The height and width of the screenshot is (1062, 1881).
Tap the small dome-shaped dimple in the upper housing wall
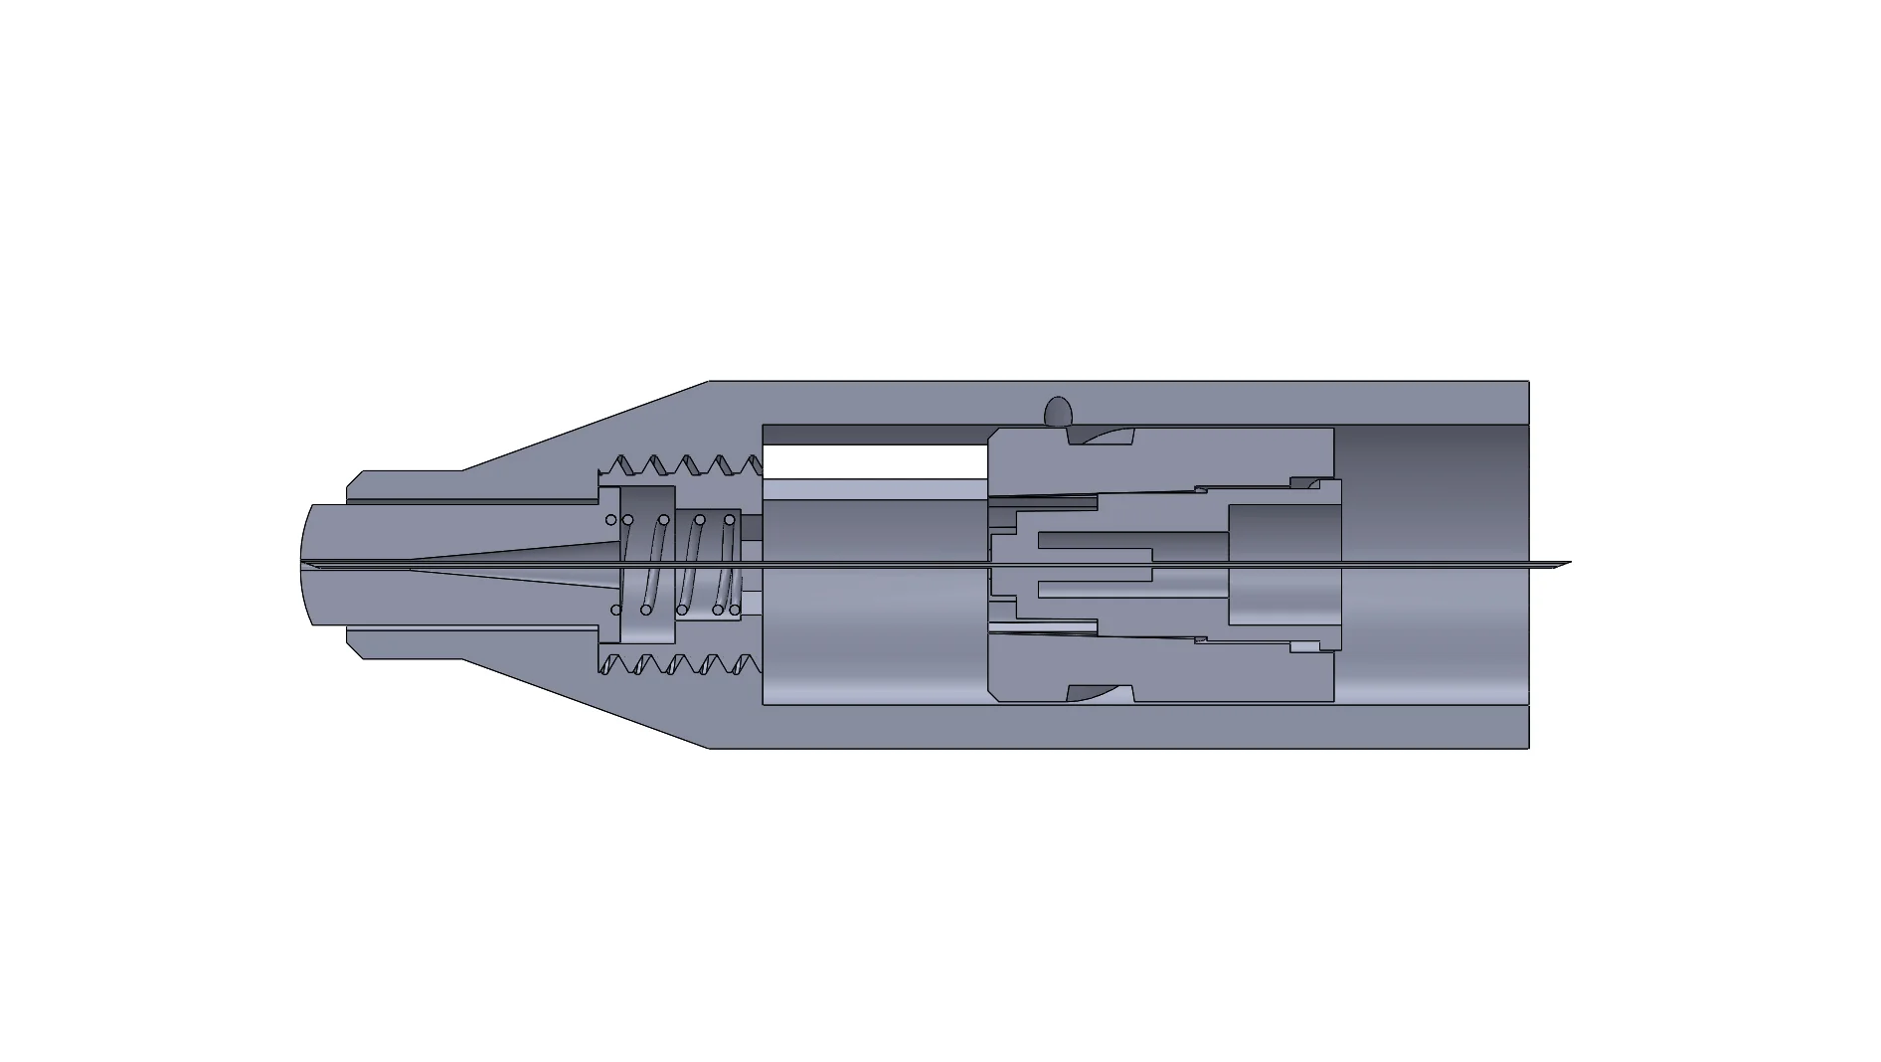tap(1058, 409)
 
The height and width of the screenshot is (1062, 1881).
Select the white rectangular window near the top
tap(874, 461)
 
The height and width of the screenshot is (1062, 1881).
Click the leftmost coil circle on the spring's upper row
tap(611, 520)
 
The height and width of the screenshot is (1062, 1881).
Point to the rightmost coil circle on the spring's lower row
tap(736, 610)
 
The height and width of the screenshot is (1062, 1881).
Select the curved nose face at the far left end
tap(306, 565)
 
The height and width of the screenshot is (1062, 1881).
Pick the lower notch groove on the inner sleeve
tap(1100, 692)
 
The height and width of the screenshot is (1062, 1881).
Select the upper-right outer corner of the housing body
tap(1527, 383)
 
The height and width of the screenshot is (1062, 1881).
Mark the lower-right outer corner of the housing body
tap(1527, 746)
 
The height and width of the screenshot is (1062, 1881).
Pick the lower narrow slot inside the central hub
tap(1094, 589)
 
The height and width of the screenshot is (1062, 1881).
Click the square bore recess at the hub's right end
tap(1283, 564)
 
